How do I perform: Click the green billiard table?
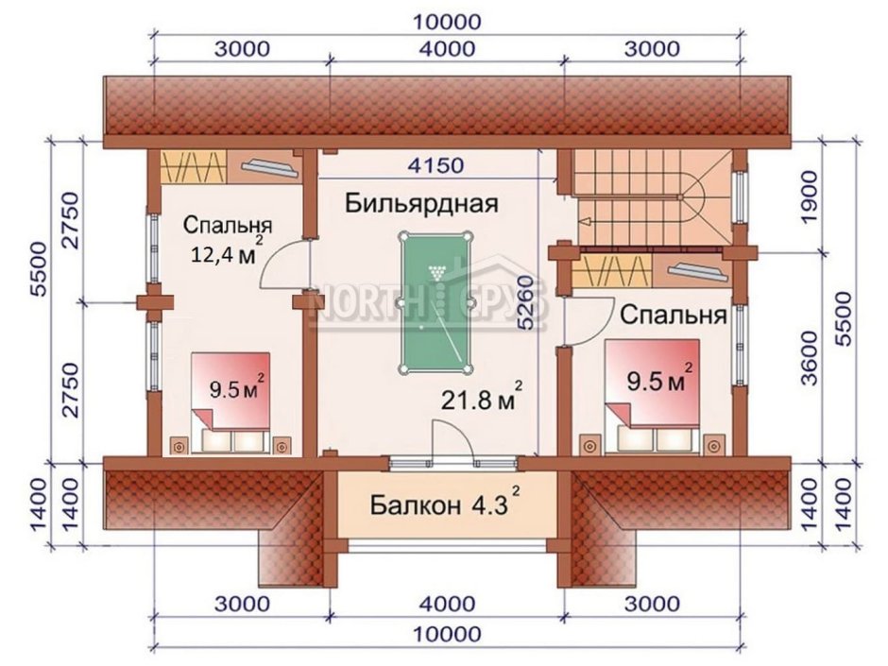[435, 302]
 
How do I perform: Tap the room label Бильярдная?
[422, 203]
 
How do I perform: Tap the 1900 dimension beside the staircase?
[811, 196]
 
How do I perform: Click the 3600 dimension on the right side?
[811, 358]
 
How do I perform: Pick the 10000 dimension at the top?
[448, 22]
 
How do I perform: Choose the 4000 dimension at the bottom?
[448, 604]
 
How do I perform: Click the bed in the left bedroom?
[230, 402]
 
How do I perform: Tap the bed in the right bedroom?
[652, 397]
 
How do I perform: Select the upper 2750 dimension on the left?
[72, 220]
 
